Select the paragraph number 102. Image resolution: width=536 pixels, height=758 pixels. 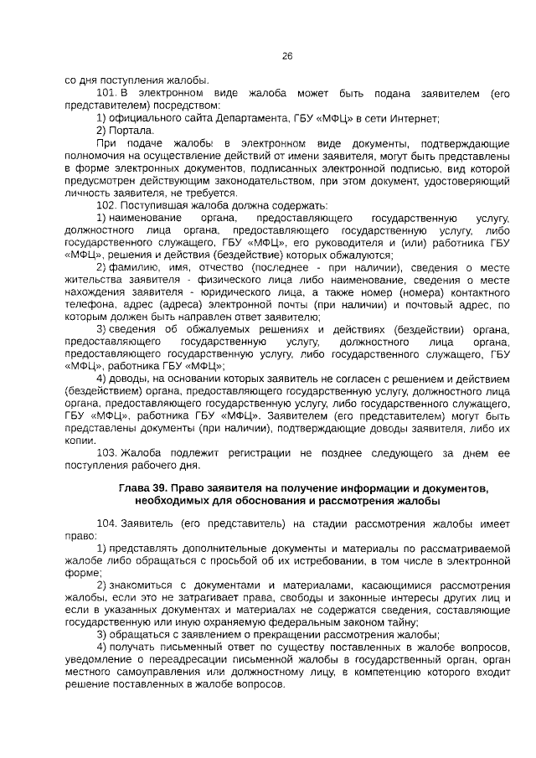pyautogui.click(x=106, y=205)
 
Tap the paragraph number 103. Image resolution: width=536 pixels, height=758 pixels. pyautogui.click(x=106, y=453)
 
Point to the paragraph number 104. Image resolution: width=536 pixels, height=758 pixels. pyautogui.click(x=106, y=523)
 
